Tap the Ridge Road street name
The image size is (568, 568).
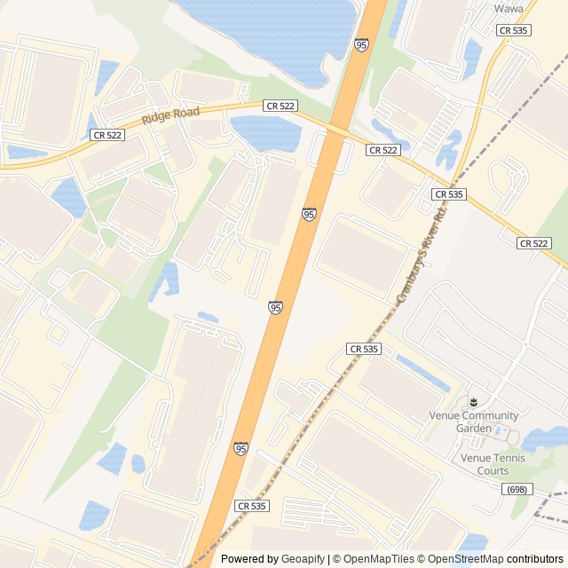170,116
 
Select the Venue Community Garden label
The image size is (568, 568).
473,422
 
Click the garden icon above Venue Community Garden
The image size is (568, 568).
473,402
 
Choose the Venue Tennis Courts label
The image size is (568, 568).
492,464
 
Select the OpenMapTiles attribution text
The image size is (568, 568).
373,559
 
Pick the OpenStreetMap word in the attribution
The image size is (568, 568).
462,559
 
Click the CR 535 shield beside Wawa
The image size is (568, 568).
514,30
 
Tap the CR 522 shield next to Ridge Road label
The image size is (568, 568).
280,106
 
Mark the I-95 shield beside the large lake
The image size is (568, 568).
361,44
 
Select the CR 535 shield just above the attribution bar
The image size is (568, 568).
251,505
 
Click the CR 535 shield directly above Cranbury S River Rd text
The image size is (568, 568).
449,193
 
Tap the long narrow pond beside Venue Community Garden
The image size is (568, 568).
422,372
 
